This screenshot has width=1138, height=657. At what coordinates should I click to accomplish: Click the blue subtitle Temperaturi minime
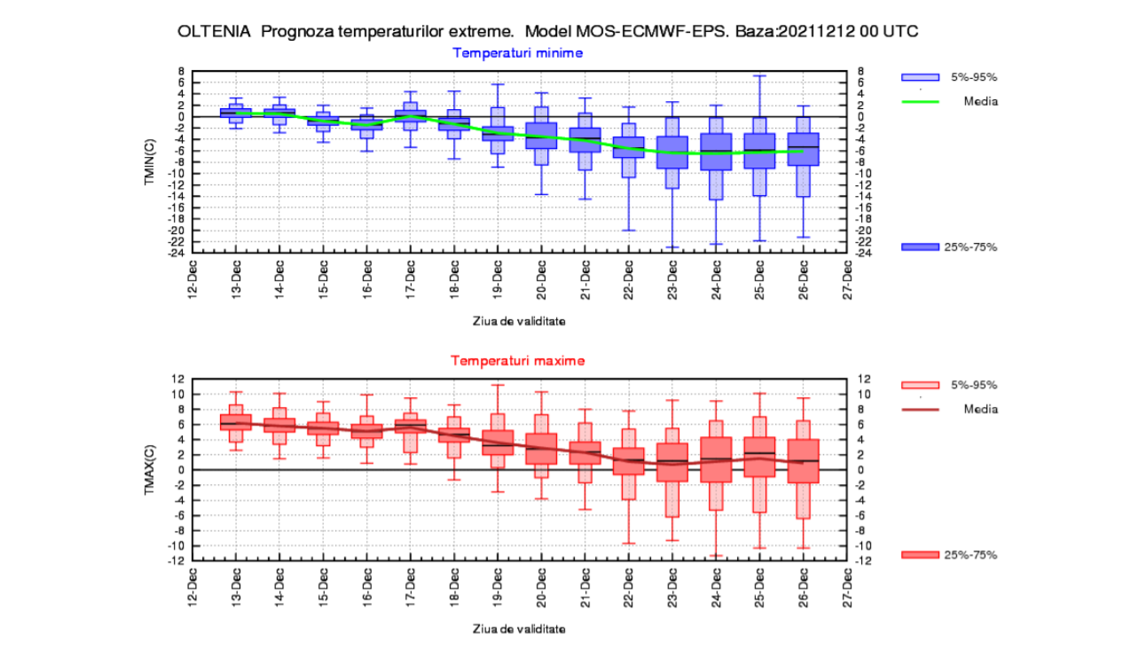pos(518,52)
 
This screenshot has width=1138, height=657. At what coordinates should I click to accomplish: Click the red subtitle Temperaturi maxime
pos(518,361)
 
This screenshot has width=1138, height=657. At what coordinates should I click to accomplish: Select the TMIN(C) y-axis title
pos(151,161)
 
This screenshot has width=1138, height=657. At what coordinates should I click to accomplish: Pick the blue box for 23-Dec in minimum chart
pos(672,152)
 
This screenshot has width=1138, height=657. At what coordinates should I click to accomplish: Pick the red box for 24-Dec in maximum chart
pos(716,459)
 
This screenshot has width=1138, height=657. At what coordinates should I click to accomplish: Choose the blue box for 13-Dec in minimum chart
pos(236,113)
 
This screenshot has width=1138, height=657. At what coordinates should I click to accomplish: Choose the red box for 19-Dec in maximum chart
pos(498,442)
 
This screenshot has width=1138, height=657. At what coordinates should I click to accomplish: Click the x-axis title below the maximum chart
pos(518,629)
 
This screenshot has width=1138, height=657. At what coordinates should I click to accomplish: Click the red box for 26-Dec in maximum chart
pos(803,461)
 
